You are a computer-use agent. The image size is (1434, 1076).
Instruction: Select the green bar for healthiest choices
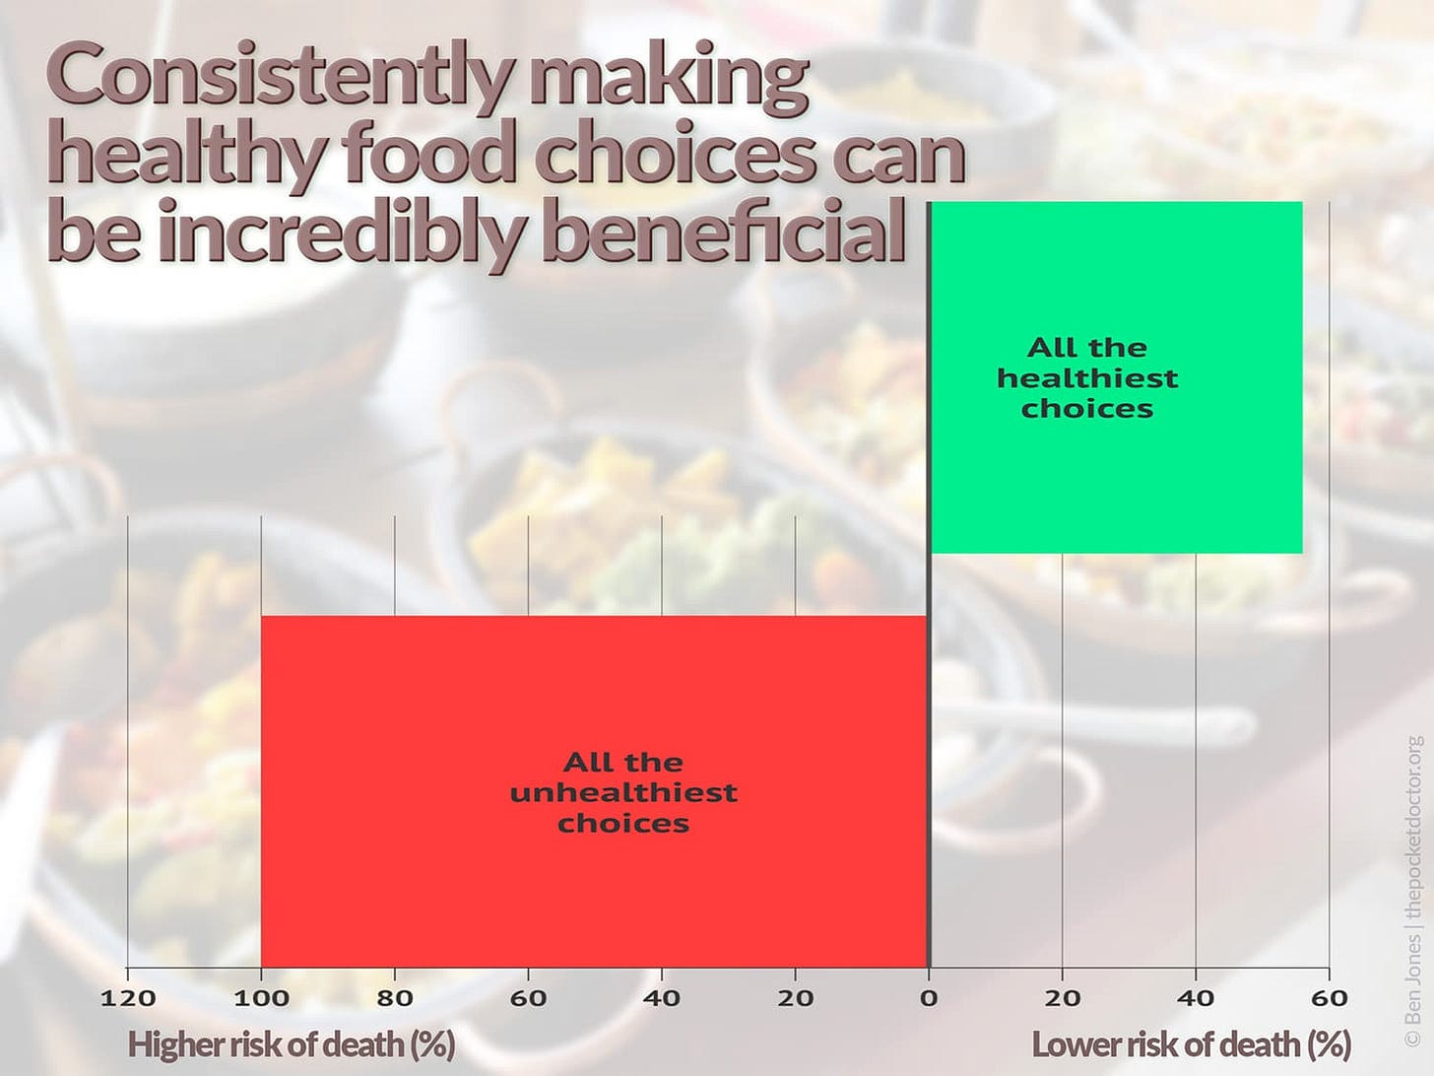coord(1116,473)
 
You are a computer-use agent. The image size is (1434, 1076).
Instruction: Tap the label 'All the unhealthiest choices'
coord(623,792)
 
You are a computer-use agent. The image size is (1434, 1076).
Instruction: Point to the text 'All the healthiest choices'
coord(1087,378)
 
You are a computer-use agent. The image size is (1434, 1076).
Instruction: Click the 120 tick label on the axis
coord(128,998)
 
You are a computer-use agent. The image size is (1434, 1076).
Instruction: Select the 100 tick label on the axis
coord(261,998)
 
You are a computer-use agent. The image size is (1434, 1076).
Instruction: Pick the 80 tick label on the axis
coord(394,998)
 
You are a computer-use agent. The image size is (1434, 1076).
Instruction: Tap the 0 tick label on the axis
coord(929,998)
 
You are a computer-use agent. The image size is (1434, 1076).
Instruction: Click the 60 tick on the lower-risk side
coord(1329,998)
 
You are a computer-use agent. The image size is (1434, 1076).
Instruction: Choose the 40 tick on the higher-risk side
coord(661,998)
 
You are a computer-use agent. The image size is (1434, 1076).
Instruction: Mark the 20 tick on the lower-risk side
coord(1062,998)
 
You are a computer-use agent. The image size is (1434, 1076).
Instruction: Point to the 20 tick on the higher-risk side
coord(795,998)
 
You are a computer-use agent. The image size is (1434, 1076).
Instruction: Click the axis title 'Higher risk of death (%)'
coord(292,1043)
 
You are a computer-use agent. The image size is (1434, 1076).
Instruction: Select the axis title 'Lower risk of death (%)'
coord(1191,1043)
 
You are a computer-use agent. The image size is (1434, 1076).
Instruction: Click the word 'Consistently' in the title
coord(282,77)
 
